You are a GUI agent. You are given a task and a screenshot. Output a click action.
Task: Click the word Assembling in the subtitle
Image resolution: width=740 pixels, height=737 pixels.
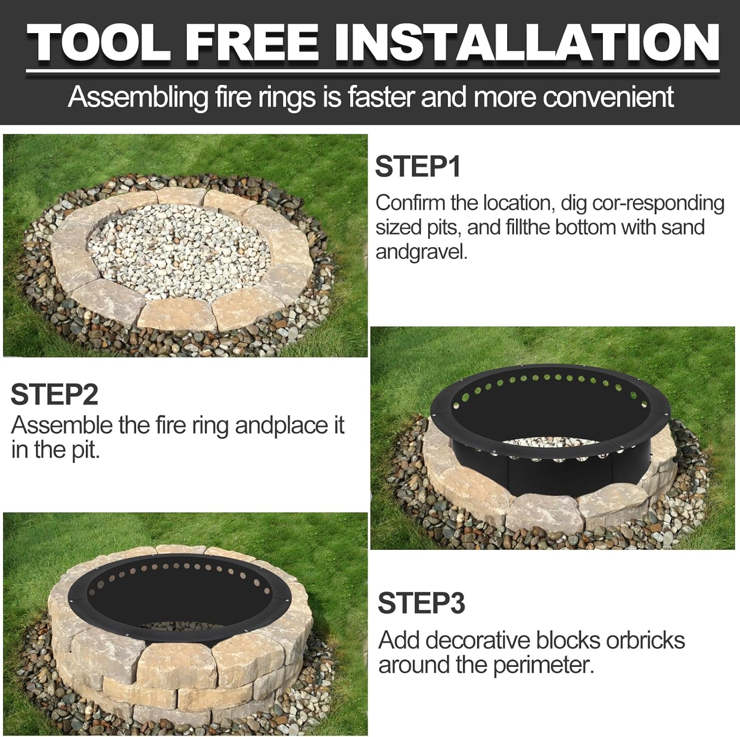138,97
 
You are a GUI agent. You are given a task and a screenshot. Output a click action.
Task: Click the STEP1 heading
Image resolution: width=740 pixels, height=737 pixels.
417,167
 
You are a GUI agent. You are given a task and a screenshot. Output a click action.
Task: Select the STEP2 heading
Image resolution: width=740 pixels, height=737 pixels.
54,394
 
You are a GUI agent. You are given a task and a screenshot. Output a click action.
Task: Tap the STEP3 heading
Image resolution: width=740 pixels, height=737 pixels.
421,603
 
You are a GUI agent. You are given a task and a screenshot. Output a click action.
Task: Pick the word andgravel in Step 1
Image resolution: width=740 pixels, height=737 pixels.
421,252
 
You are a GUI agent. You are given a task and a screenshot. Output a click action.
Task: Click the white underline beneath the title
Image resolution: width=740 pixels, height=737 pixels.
372,72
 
